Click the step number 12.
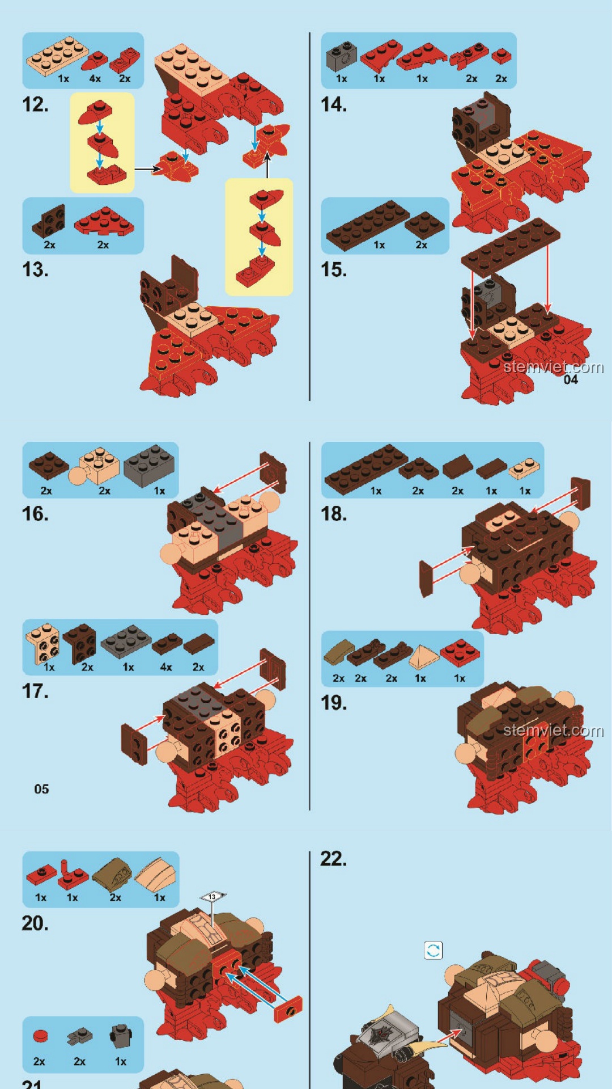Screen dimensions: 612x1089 (x=35, y=105)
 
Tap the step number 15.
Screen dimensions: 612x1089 (x=334, y=270)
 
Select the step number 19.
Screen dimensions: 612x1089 (x=334, y=703)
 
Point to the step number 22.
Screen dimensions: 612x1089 (x=334, y=859)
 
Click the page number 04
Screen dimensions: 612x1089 (x=571, y=380)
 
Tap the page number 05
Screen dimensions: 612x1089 (x=41, y=789)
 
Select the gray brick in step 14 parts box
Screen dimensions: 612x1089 (x=342, y=57)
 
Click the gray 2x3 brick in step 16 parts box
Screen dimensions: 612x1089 (x=149, y=465)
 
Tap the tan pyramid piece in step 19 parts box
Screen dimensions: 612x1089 (x=424, y=657)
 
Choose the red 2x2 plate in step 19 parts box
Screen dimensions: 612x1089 (x=460, y=652)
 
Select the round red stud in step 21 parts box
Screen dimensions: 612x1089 (x=40, y=1036)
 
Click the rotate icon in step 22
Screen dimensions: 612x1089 (x=433, y=950)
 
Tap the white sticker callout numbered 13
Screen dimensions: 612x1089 (x=212, y=896)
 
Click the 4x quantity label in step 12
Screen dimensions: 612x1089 (x=95, y=79)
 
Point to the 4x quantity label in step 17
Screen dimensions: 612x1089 (x=166, y=667)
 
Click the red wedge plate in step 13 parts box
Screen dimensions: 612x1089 (x=104, y=221)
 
